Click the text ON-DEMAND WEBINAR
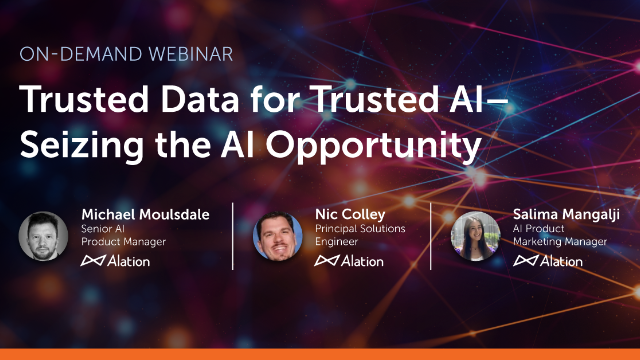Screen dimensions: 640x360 click(x=126, y=54)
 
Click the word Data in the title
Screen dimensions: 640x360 click(x=200, y=99)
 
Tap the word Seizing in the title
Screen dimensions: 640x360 click(x=82, y=146)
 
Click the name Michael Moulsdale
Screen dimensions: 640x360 click(x=145, y=214)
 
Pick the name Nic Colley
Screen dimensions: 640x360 click(x=350, y=214)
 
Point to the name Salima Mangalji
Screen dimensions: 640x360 click(x=566, y=215)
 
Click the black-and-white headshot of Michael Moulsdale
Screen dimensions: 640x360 click(x=43, y=236)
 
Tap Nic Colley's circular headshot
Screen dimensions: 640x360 click(x=278, y=236)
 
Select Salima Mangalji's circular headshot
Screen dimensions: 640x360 click(x=476, y=236)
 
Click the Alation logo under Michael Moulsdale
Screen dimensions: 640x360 click(x=116, y=261)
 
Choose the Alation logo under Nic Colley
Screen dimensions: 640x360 click(x=349, y=261)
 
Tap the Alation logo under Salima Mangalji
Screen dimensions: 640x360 click(x=548, y=261)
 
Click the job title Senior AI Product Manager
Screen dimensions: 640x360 click(x=123, y=235)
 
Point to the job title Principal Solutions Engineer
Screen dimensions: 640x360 click(x=360, y=235)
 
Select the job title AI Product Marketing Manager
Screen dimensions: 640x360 click(x=560, y=235)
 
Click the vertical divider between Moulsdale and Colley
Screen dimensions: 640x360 click(x=233, y=236)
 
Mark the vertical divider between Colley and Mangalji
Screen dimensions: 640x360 click(x=431, y=236)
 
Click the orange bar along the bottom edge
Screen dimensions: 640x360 click(x=320, y=354)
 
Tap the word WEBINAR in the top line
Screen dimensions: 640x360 click(x=191, y=54)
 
